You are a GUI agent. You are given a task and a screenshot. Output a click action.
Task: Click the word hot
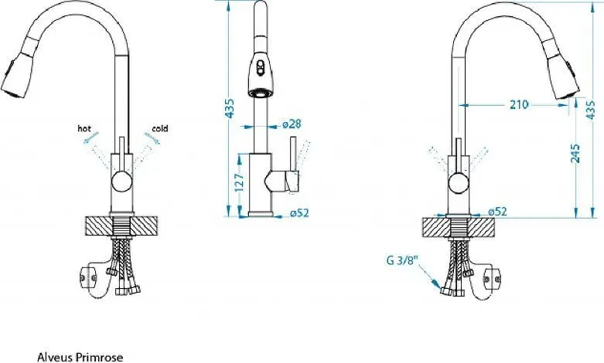(84, 128)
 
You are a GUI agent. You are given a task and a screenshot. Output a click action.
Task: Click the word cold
(160, 128)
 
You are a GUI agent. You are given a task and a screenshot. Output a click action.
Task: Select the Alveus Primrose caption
(80, 357)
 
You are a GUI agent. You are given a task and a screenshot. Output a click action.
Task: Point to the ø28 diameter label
(292, 124)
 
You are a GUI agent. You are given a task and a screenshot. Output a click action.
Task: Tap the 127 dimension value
(239, 182)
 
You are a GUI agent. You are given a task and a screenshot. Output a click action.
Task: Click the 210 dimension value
(519, 104)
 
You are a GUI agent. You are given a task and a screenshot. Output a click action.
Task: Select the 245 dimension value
(575, 154)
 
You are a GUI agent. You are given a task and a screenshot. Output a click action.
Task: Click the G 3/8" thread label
(403, 260)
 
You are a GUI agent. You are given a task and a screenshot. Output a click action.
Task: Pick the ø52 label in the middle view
(299, 212)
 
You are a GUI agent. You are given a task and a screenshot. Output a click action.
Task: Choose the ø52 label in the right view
(497, 212)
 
